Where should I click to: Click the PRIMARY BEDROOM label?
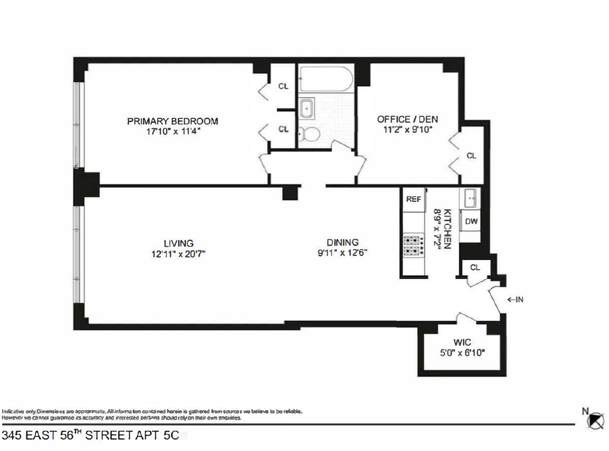(x=172, y=121)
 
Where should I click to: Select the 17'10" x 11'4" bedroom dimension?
(x=173, y=131)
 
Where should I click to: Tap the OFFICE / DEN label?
(x=407, y=120)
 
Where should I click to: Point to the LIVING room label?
(x=179, y=244)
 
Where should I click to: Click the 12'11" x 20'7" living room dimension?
(x=178, y=254)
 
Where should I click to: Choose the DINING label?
(x=343, y=243)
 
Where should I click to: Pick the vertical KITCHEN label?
(x=447, y=229)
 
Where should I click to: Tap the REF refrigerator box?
(x=413, y=199)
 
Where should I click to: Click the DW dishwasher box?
(x=471, y=222)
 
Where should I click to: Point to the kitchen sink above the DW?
(x=470, y=198)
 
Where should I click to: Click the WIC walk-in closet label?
(x=462, y=342)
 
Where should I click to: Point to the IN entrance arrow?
(x=515, y=299)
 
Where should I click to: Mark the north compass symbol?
(x=595, y=420)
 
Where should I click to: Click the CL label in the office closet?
(x=471, y=156)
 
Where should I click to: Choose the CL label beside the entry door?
(x=475, y=267)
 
